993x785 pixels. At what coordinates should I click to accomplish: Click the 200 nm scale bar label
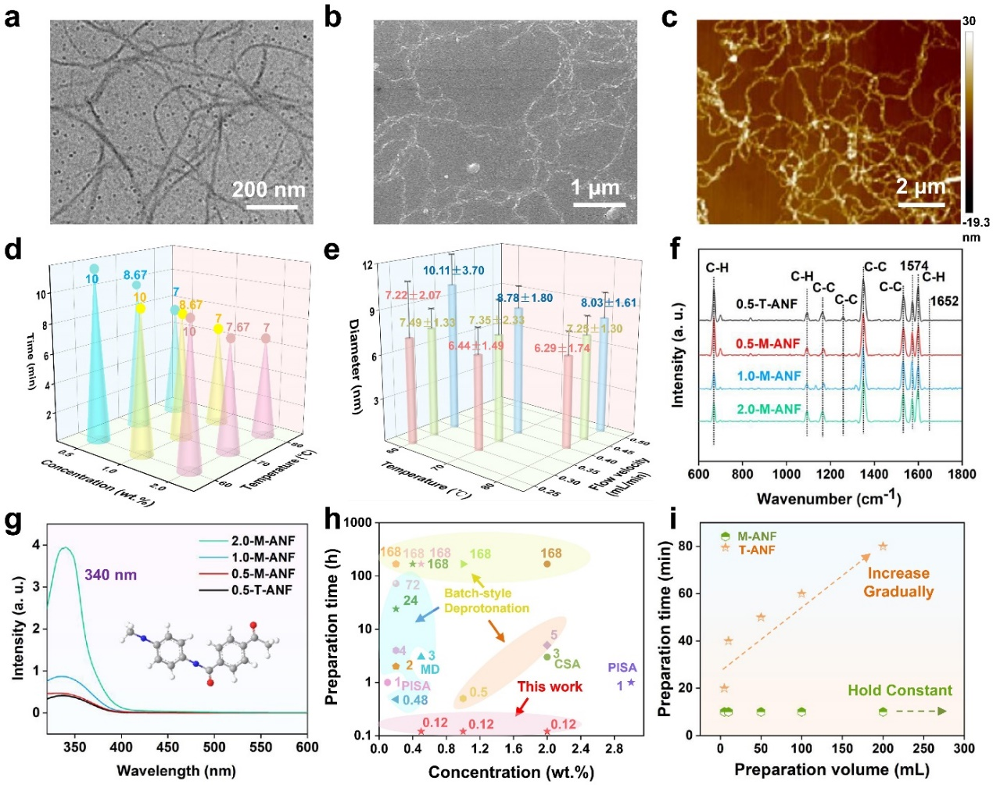click(x=268, y=190)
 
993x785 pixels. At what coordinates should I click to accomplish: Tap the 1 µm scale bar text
click(x=595, y=188)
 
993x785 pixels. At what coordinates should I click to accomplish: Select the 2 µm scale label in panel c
click(x=920, y=187)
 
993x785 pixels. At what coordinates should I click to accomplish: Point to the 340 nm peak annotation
click(x=110, y=575)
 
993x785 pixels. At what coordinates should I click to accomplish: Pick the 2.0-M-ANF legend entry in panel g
click(x=263, y=541)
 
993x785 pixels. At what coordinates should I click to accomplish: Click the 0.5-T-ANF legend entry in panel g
click(x=263, y=590)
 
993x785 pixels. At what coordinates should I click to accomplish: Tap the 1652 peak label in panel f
click(x=944, y=301)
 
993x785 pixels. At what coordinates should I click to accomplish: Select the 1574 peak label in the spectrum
click(x=913, y=266)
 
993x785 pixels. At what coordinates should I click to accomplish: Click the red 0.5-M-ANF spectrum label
click(x=768, y=344)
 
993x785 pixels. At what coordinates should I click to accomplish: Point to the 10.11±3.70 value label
click(x=453, y=271)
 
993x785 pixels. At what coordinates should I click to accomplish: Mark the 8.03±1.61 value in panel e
click(x=608, y=303)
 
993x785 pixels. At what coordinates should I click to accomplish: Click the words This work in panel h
click(x=550, y=686)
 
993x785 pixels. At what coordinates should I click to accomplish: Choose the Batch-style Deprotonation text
click(x=486, y=601)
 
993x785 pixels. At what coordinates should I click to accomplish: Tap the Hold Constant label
click(x=900, y=690)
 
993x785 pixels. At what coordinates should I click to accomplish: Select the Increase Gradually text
click(x=898, y=582)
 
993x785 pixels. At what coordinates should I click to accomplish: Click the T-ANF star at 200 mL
click(x=883, y=547)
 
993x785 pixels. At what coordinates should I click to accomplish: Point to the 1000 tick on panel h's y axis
click(x=357, y=522)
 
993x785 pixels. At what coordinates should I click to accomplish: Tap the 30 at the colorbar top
click(x=969, y=21)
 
